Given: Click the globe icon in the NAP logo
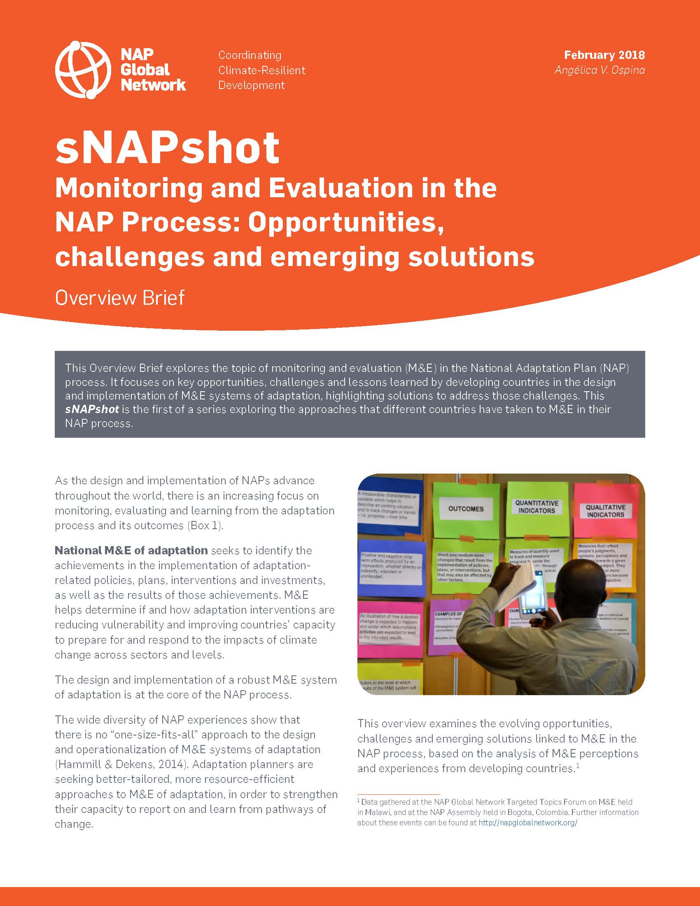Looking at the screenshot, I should [x=82, y=69].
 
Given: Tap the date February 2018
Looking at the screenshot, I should [x=604, y=55].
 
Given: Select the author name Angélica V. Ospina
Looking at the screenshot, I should [x=600, y=70].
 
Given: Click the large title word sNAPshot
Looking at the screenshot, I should [x=167, y=148].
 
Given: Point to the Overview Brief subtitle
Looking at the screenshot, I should [x=119, y=298].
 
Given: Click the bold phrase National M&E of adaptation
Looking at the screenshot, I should [x=131, y=551].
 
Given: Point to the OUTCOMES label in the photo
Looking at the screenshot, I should [x=466, y=509].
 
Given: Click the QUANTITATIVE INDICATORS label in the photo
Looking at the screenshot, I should [x=537, y=507].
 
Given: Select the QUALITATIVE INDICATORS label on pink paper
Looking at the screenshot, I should [x=605, y=511].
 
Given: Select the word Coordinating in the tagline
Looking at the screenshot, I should [x=250, y=55].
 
